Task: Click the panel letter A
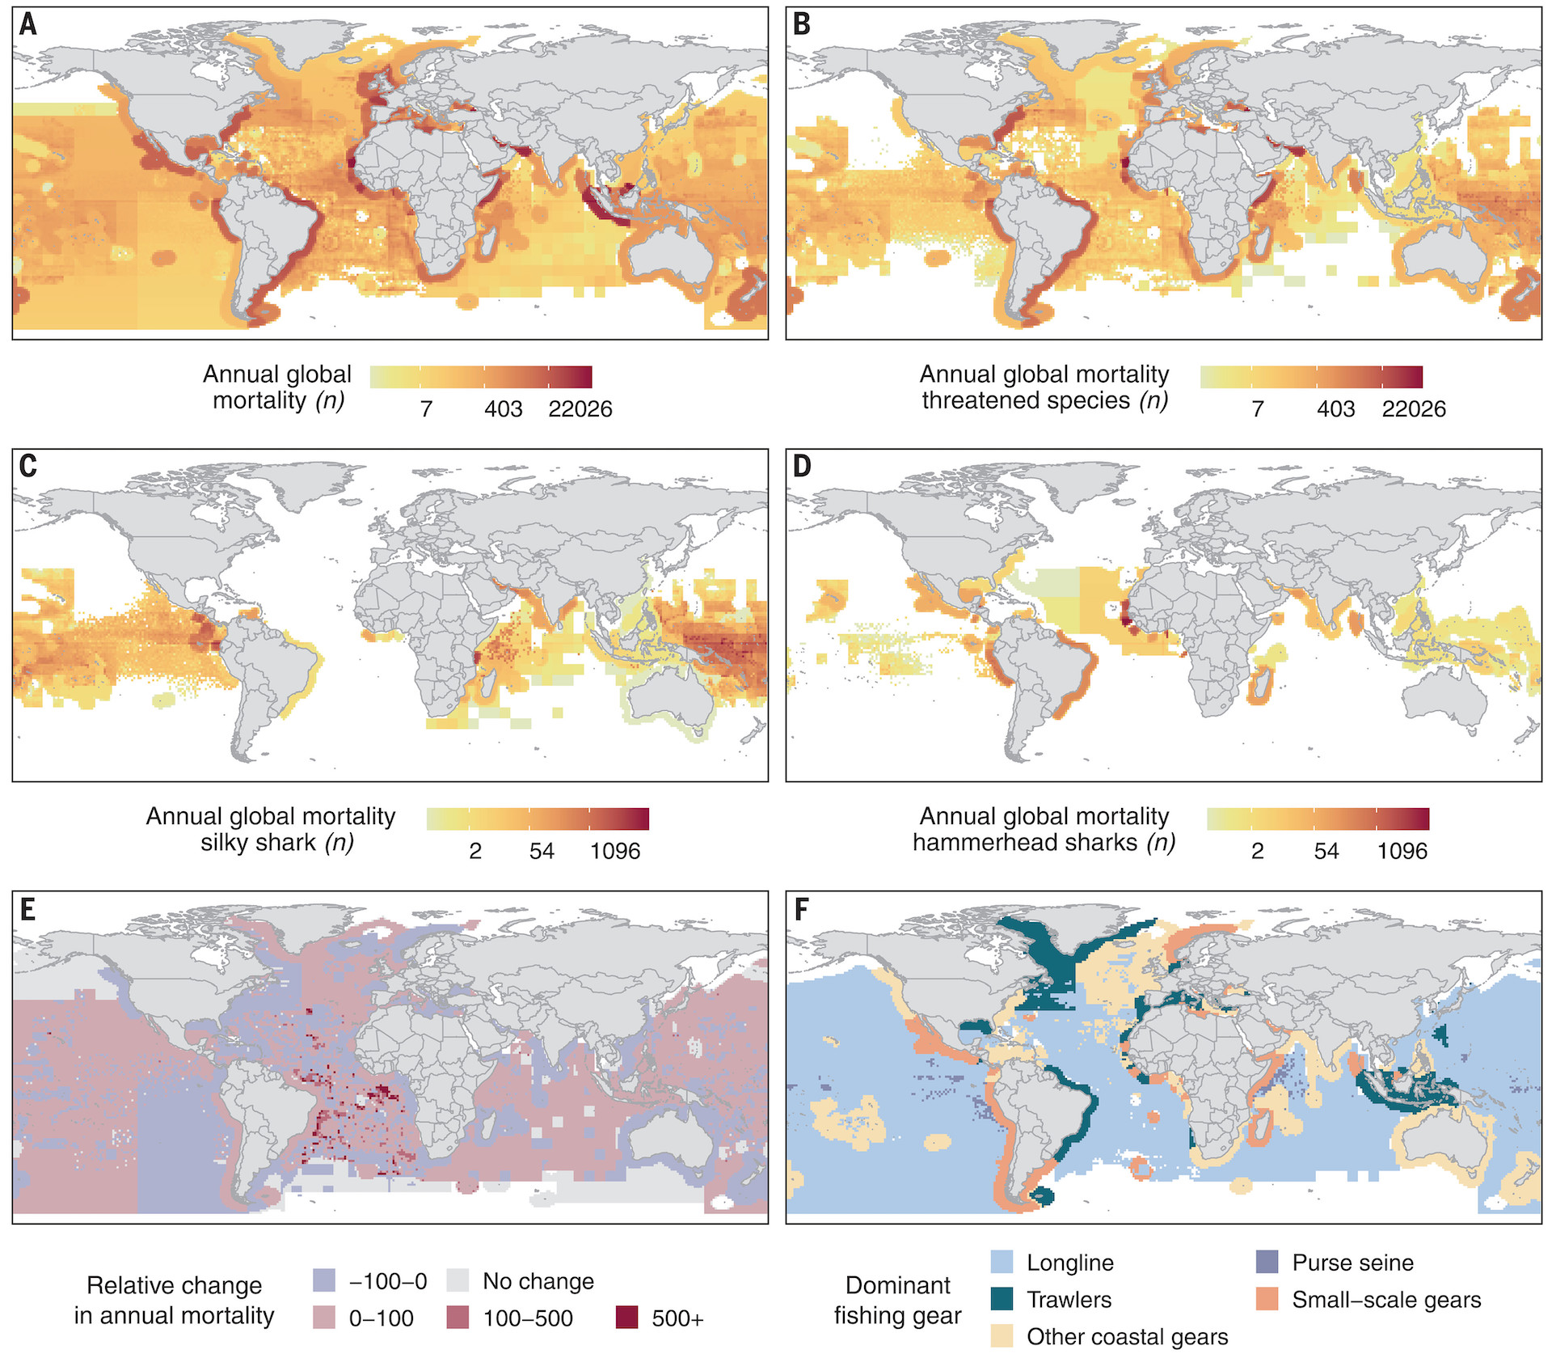(x=28, y=24)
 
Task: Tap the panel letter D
(x=802, y=467)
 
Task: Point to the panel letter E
(x=28, y=909)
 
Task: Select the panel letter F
(x=801, y=909)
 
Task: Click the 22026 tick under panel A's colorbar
(x=580, y=409)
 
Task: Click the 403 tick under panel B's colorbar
(x=1335, y=409)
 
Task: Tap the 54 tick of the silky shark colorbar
(x=542, y=852)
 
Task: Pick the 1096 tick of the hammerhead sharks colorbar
(x=1402, y=852)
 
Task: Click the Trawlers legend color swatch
(x=1002, y=1300)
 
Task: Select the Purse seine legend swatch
(x=1267, y=1263)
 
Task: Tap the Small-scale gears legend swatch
(x=1267, y=1300)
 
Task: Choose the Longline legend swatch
(x=1002, y=1263)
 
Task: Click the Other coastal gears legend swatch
(x=1002, y=1336)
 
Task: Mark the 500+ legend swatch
(x=626, y=1318)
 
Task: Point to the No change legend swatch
(x=458, y=1281)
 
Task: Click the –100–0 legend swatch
(x=323, y=1281)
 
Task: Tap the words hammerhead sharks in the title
(x=1025, y=844)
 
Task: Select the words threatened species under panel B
(x=1027, y=401)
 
